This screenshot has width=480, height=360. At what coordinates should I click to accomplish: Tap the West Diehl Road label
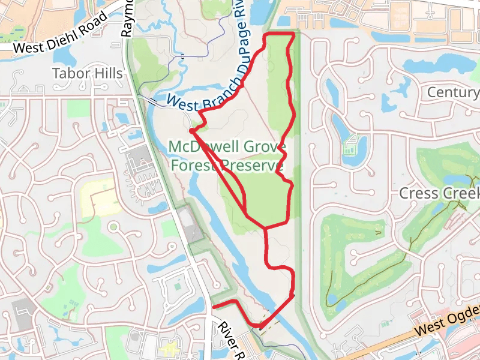pyautogui.click(x=60, y=34)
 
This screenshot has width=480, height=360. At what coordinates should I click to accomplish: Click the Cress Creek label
pyautogui.click(x=440, y=194)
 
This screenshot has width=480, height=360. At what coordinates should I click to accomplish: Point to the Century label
pyautogui.click(x=453, y=92)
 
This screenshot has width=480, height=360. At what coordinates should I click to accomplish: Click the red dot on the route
pyautogui.click(x=191, y=130)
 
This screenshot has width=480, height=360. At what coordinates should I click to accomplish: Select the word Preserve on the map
pyautogui.click(x=253, y=165)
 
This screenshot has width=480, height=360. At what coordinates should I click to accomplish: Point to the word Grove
pyautogui.click(x=264, y=147)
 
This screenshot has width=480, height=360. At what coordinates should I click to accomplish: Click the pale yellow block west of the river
pyautogui.click(x=95, y=197)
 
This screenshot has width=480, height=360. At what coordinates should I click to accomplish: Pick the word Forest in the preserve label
pyautogui.click(x=193, y=165)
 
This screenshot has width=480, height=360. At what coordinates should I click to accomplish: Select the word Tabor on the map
pyautogui.click(x=71, y=74)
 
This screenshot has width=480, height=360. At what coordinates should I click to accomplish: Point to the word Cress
pyautogui.click(x=419, y=194)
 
